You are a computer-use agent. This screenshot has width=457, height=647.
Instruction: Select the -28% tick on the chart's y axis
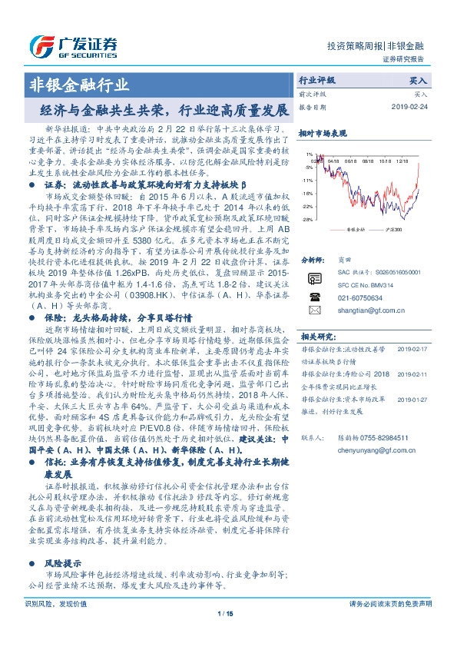[308, 220]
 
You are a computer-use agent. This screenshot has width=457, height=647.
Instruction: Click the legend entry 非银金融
[355, 228]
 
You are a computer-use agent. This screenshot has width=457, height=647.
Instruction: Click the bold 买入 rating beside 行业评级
[418, 79]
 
